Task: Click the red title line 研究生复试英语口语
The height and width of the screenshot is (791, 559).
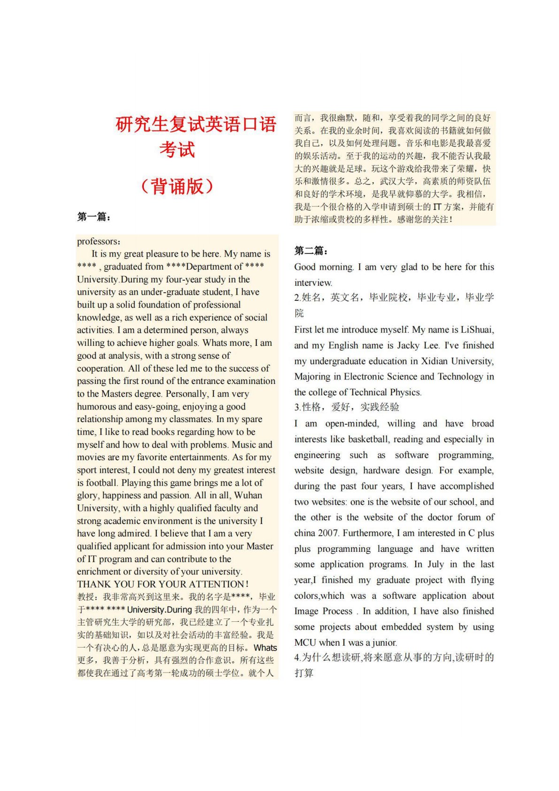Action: click(x=195, y=125)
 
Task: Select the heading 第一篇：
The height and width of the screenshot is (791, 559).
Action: click(x=94, y=217)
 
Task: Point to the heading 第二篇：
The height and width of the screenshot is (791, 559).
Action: click(x=311, y=251)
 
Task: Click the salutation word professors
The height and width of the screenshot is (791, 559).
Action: click(x=98, y=242)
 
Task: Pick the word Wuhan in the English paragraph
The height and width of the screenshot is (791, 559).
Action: click(x=248, y=495)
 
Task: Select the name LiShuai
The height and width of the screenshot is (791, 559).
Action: click(x=476, y=330)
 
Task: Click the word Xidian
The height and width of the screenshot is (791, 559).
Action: click(x=435, y=361)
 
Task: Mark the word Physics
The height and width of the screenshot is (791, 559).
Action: click(x=405, y=392)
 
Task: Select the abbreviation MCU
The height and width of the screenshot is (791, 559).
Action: click(x=305, y=642)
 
